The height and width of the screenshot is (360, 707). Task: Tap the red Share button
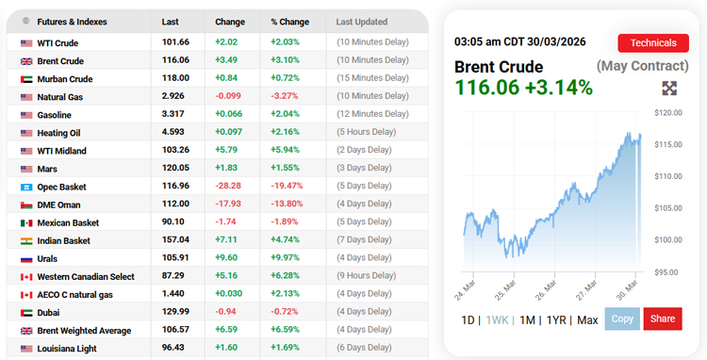click(x=663, y=319)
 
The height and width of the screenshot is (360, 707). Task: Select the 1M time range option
click(x=528, y=319)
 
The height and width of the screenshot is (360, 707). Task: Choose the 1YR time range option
click(x=556, y=319)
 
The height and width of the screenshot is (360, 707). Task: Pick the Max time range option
click(x=587, y=319)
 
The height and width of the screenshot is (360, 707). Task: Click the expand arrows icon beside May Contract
click(x=669, y=89)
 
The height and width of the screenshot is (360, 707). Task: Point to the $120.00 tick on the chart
click(x=667, y=112)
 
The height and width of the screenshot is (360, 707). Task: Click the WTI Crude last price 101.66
click(x=175, y=42)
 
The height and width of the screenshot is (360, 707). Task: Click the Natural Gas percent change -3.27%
click(x=287, y=96)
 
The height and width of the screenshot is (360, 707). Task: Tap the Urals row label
click(x=49, y=258)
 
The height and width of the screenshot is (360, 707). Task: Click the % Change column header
click(x=289, y=21)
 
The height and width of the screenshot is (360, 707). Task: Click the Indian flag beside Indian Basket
click(x=26, y=240)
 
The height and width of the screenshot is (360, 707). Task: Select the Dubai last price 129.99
click(x=176, y=312)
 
